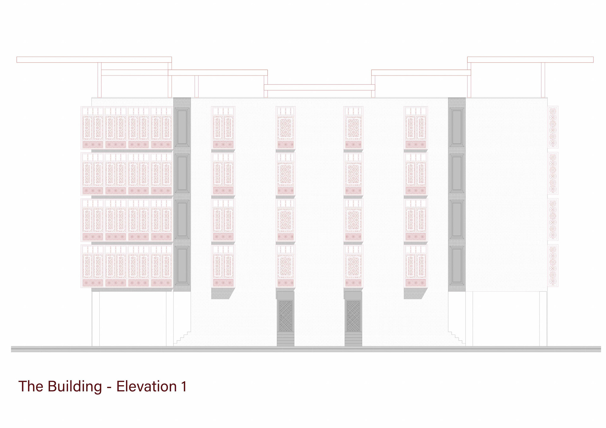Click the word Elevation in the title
146,386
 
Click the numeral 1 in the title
184,386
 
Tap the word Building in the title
75,386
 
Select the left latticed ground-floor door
285,316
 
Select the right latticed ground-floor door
353,316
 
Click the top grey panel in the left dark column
182,127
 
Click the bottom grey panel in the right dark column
457,266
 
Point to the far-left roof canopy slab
94,60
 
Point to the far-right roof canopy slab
530,60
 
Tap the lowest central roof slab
319,87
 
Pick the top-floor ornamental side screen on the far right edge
553,127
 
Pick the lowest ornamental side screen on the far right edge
553,266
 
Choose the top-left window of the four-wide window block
93,128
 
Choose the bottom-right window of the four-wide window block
161,266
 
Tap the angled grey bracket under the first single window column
222,293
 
